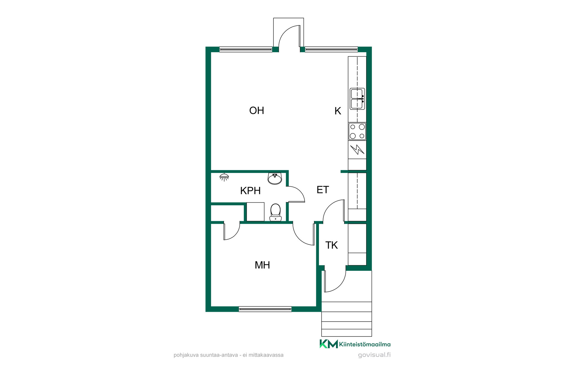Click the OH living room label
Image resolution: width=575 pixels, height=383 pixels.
[257, 110]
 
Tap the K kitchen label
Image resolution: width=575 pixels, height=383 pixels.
[338, 111]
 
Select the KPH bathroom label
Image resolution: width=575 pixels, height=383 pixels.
[250, 191]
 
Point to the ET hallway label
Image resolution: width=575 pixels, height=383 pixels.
[323, 190]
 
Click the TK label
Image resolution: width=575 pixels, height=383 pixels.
[332, 245]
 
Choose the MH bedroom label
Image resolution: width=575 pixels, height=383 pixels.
[262, 265]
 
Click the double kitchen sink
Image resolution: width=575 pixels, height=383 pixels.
[358, 99]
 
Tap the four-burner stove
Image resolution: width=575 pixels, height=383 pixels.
[357, 131]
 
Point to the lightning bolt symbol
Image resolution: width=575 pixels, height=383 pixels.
[357, 149]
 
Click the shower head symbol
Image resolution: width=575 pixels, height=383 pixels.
[224, 177]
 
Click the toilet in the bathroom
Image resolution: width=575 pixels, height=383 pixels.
[276, 212]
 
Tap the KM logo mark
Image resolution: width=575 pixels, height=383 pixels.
[329, 344]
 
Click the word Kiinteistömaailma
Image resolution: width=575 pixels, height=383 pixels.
[365, 344]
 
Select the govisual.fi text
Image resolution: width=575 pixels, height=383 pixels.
[374, 355]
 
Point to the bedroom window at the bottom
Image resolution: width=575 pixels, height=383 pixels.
[265, 309]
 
